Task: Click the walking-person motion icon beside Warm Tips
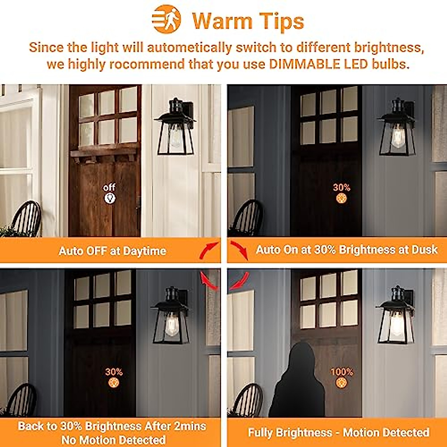coord(167,19)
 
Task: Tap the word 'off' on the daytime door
coord(110,187)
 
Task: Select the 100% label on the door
coord(341,372)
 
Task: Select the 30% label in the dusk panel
coord(341,187)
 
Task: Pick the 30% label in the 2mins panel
coord(114,372)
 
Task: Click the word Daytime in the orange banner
coord(144,251)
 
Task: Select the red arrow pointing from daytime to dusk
coord(209,250)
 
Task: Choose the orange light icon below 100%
coord(341,383)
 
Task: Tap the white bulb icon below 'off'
coord(110,198)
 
